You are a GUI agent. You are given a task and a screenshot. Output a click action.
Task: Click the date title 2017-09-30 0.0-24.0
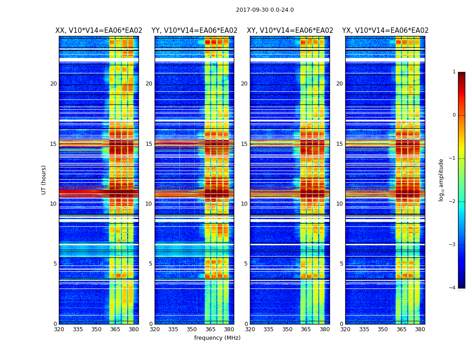[x=265, y=10]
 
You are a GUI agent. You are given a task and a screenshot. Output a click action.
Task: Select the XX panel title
[x=98, y=31]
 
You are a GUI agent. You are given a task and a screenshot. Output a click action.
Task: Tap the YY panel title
[x=194, y=31]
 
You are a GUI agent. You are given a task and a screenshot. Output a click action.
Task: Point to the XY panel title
[x=290, y=31]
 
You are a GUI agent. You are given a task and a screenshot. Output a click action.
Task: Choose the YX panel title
[x=385, y=31]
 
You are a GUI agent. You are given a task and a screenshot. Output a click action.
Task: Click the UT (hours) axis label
[x=44, y=180]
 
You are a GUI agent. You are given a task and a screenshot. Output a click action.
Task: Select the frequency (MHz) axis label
[x=217, y=338]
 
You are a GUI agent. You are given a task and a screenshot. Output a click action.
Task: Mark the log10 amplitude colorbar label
[x=441, y=180]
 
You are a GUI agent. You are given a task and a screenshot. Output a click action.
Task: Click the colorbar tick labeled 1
[x=454, y=72]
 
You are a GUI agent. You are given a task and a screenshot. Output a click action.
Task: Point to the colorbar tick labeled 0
[x=454, y=115]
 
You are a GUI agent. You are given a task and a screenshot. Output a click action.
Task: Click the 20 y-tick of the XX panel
[x=53, y=84]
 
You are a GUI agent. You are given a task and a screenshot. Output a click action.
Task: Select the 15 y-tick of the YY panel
[x=149, y=144]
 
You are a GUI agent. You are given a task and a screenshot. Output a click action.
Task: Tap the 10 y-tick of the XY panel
[x=244, y=204]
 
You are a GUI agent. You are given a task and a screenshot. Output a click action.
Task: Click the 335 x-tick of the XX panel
[x=78, y=329]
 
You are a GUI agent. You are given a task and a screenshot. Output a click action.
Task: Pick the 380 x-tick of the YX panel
[x=420, y=329]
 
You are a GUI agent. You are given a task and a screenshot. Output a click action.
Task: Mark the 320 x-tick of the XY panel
[x=250, y=329]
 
